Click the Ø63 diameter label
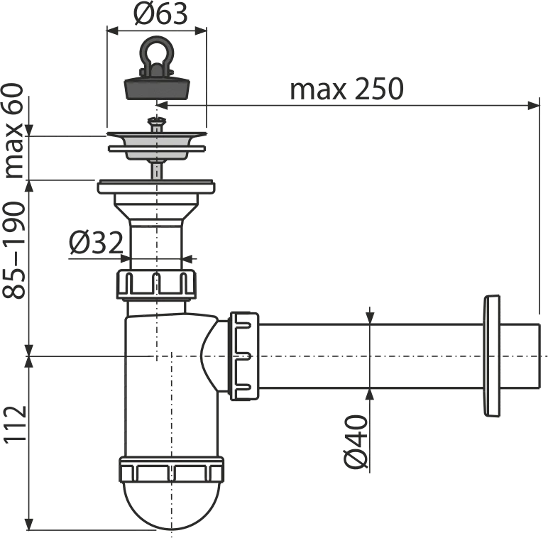[x=160, y=14]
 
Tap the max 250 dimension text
[x=346, y=89]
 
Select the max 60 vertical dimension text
[x=14, y=131]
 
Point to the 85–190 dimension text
[x=14, y=250]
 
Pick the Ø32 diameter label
[x=96, y=243]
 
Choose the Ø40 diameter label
[x=356, y=442]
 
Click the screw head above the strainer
[x=156, y=121]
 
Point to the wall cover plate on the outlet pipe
[x=492, y=356]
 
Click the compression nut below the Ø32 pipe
[x=156, y=285]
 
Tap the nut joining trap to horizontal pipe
[x=243, y=356]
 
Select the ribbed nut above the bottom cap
[x=171, y=470]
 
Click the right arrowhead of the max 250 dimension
[x=533, y=106]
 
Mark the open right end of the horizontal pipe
[x=539, y=356]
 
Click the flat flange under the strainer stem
[x=156, y=187]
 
